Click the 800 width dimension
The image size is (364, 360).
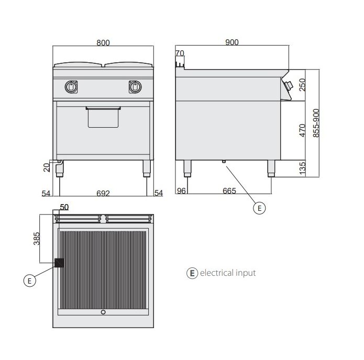pos(103,43)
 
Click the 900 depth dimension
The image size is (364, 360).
pos(232,42)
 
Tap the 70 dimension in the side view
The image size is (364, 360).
pos(180,53)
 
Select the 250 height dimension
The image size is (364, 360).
pos(302,85)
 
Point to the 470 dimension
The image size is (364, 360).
pos(302,130)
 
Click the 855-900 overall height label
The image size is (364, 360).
pos(316,123)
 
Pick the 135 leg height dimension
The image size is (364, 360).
pos(303,168)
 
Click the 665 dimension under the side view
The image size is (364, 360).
pos(229,191)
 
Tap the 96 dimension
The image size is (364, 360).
pos(181,191)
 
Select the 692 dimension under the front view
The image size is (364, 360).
pos(103,193)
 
